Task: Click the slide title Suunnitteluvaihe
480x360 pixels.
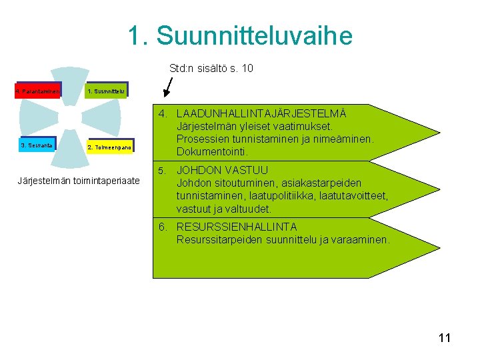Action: (x=240, y=36)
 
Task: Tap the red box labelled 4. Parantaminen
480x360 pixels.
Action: (x=38, y=90)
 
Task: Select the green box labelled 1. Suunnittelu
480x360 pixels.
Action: (x=105, y=90)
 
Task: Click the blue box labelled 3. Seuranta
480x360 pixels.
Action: (x=38, y=145)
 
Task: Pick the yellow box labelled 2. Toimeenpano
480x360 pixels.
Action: (x=110, y=146)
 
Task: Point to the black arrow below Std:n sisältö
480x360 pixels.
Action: (x=167, y=87)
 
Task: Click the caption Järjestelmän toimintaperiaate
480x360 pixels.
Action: (x=79, y=181)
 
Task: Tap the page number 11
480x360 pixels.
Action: (x=445, y=338)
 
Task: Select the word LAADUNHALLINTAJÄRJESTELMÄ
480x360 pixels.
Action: (x=261, y=113)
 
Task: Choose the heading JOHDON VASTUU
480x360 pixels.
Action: (x=222, y=170)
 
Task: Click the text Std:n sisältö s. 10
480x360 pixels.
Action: (x=211, y=69)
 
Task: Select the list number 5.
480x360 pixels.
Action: (x=162, y=170)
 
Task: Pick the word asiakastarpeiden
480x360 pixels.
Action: (x=324, y=183)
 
